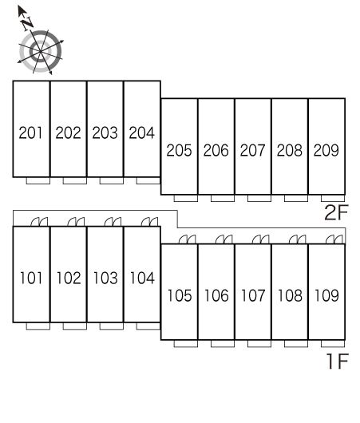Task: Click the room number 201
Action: click(31, 132)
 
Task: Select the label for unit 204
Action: click(141, 132)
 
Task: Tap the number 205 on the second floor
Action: click(179, 150)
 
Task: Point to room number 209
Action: click(326, 150)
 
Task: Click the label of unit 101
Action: click(31, 278)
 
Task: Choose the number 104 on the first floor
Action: click(142, 278)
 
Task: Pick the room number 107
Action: click(253, 295)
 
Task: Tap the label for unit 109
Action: click(326, 295)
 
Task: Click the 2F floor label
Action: click(337, 212)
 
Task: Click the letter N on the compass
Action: click(27, 23)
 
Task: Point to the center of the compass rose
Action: click(40, 51)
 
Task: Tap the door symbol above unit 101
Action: click(39, 222)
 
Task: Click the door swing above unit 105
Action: click(188, 239)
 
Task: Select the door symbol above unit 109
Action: click(334, 239)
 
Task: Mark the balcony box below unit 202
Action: click(75, 180)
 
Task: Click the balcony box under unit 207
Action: click(259, 198)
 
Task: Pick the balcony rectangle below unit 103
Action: click(112, 326)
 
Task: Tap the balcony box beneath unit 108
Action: click(296, 343)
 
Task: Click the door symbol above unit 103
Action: click(113, 222)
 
